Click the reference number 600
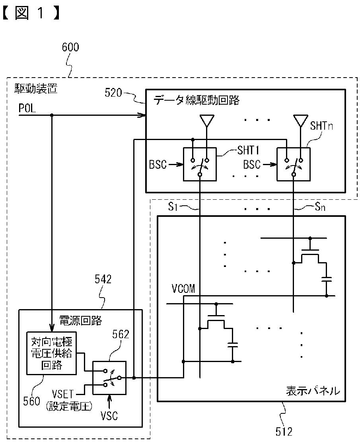pyautogui.click(x=70, y=47)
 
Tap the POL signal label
pyautogui.click(x=27, y=108)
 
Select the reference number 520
pyautogui.click(x=113, y=93)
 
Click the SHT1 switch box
pyautogui.click(x=200, y=164)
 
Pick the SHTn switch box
pyautogui.click(x=294, y=164)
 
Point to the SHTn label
pyautogui.click(x=321, y=126)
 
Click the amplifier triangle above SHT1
pyautogui.click(x=207, y=121)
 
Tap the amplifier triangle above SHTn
pyautogui.click(x=301, y=121)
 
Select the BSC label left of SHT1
pyautogui.click(x=158, y=165)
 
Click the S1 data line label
pyautogui.click(x=173, y=207)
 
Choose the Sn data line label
pyautogui.click(x=320, y=207)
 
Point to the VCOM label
pyautogui.click(x=183, y=289)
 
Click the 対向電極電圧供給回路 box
pyautogui.click(x=51, y=353)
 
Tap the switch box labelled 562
pyautogui.click(x=109, y=378)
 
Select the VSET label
pyautogui.click(x=63, y=394)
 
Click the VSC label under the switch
pyautogui.click(x=109, y=416)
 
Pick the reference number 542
pyautogui.click(x=103, y=279)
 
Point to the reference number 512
pyautogui.click(x=284, y=432)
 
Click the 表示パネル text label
pyautogui.click(x=313, y=391)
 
